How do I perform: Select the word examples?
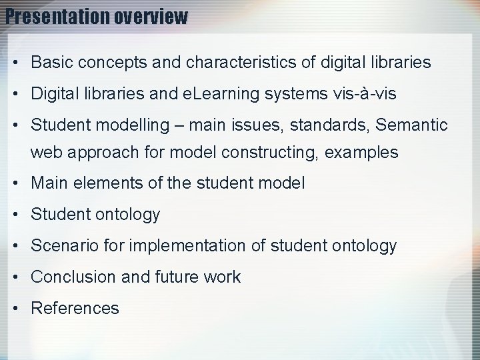(x=363, y=152)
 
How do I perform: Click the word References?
(x=75, y=308)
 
